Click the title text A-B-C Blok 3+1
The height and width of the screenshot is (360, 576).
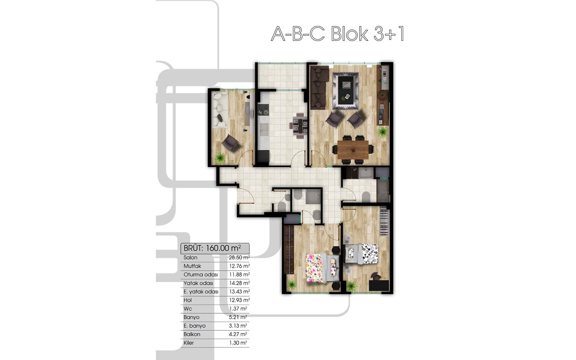click(337, 34)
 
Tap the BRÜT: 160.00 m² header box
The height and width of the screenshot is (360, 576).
click(215, 248)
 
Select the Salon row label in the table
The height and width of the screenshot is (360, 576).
click(190, 257)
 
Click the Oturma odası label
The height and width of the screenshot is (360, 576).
click(201, 275)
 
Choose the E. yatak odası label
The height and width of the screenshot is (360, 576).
click(201, 292)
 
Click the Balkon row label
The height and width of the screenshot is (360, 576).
click(192, 334)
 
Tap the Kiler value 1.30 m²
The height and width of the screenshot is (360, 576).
click(238, 343)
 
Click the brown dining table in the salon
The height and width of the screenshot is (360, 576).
click(353, 150)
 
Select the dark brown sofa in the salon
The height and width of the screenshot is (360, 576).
click(319, 88)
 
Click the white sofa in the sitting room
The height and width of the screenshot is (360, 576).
click(220, 110)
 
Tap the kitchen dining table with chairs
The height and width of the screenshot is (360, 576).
click(298, 126)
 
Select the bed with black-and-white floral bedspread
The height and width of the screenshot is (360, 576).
click(361, 254)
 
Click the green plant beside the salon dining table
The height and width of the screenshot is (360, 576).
click(383, 132)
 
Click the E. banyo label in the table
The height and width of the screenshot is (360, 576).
click(194, 326)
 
